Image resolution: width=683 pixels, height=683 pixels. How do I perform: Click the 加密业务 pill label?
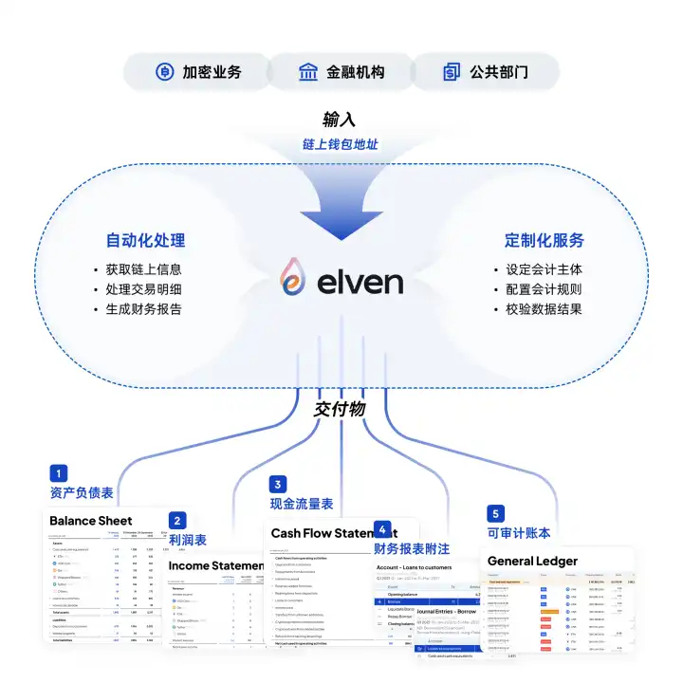212,72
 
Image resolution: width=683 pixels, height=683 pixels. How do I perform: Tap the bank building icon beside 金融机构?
308,72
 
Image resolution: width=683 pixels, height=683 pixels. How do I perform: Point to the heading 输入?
339,120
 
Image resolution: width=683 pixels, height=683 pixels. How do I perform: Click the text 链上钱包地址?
339,145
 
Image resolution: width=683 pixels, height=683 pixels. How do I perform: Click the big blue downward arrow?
339,204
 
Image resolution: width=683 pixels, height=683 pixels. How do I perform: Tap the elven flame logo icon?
293,281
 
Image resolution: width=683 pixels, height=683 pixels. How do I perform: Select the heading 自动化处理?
145,240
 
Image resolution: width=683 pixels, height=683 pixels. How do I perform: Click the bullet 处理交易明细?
143,289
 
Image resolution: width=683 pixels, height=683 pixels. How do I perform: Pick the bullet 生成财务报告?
143,309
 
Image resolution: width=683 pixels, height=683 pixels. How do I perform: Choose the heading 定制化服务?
544,240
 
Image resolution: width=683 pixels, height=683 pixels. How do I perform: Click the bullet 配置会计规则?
544,289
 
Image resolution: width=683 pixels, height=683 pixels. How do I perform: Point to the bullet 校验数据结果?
544,309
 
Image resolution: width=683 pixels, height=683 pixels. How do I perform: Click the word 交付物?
339,410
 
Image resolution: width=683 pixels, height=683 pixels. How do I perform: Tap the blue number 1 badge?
59,472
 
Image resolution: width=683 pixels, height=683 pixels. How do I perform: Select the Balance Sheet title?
91,520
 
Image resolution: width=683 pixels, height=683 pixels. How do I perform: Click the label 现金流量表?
302,504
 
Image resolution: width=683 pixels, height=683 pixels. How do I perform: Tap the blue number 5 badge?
495,513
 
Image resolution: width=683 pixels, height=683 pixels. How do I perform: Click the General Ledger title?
532,561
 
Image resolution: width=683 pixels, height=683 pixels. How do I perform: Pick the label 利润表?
188,540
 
